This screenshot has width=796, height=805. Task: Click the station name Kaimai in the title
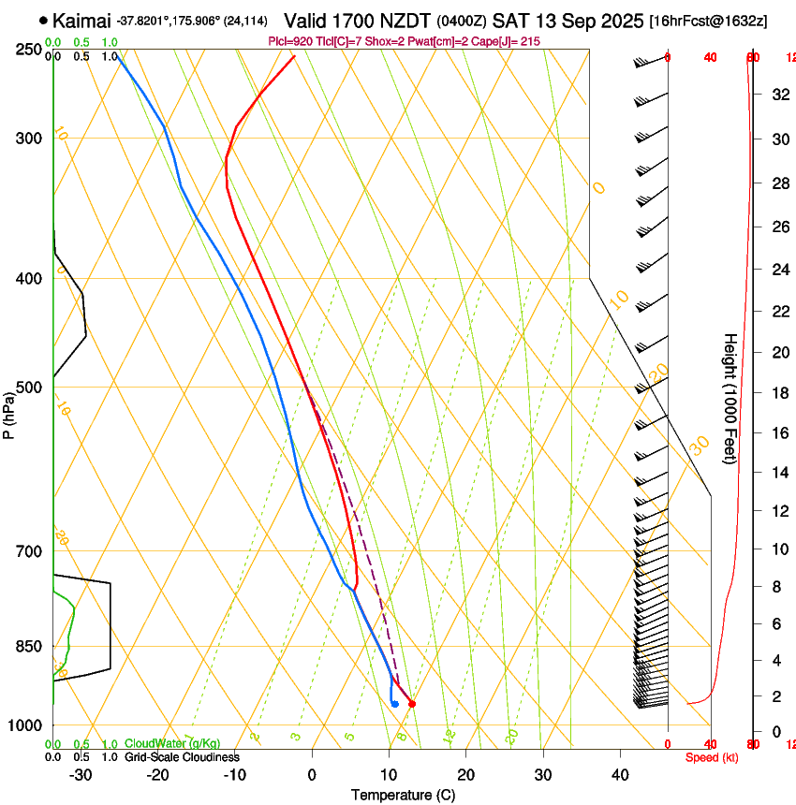coord(82,21)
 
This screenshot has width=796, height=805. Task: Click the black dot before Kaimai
coord(43,20)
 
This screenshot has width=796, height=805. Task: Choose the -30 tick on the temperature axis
coord(81,775)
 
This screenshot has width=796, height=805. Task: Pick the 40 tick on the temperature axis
coord(620,775)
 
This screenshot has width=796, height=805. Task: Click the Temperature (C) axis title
coord(403,795)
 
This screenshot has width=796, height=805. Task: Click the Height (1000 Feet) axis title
coord(730,398)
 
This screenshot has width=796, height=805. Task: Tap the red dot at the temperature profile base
coord(412,703)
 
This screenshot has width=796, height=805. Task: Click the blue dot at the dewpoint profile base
coord(395,703)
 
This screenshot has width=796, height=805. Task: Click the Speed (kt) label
coord(712,757)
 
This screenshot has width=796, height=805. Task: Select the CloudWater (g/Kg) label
coord(173,744)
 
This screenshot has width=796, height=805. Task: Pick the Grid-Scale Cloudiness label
coord(182,756)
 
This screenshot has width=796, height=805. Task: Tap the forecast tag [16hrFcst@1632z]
coord(708,21)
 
